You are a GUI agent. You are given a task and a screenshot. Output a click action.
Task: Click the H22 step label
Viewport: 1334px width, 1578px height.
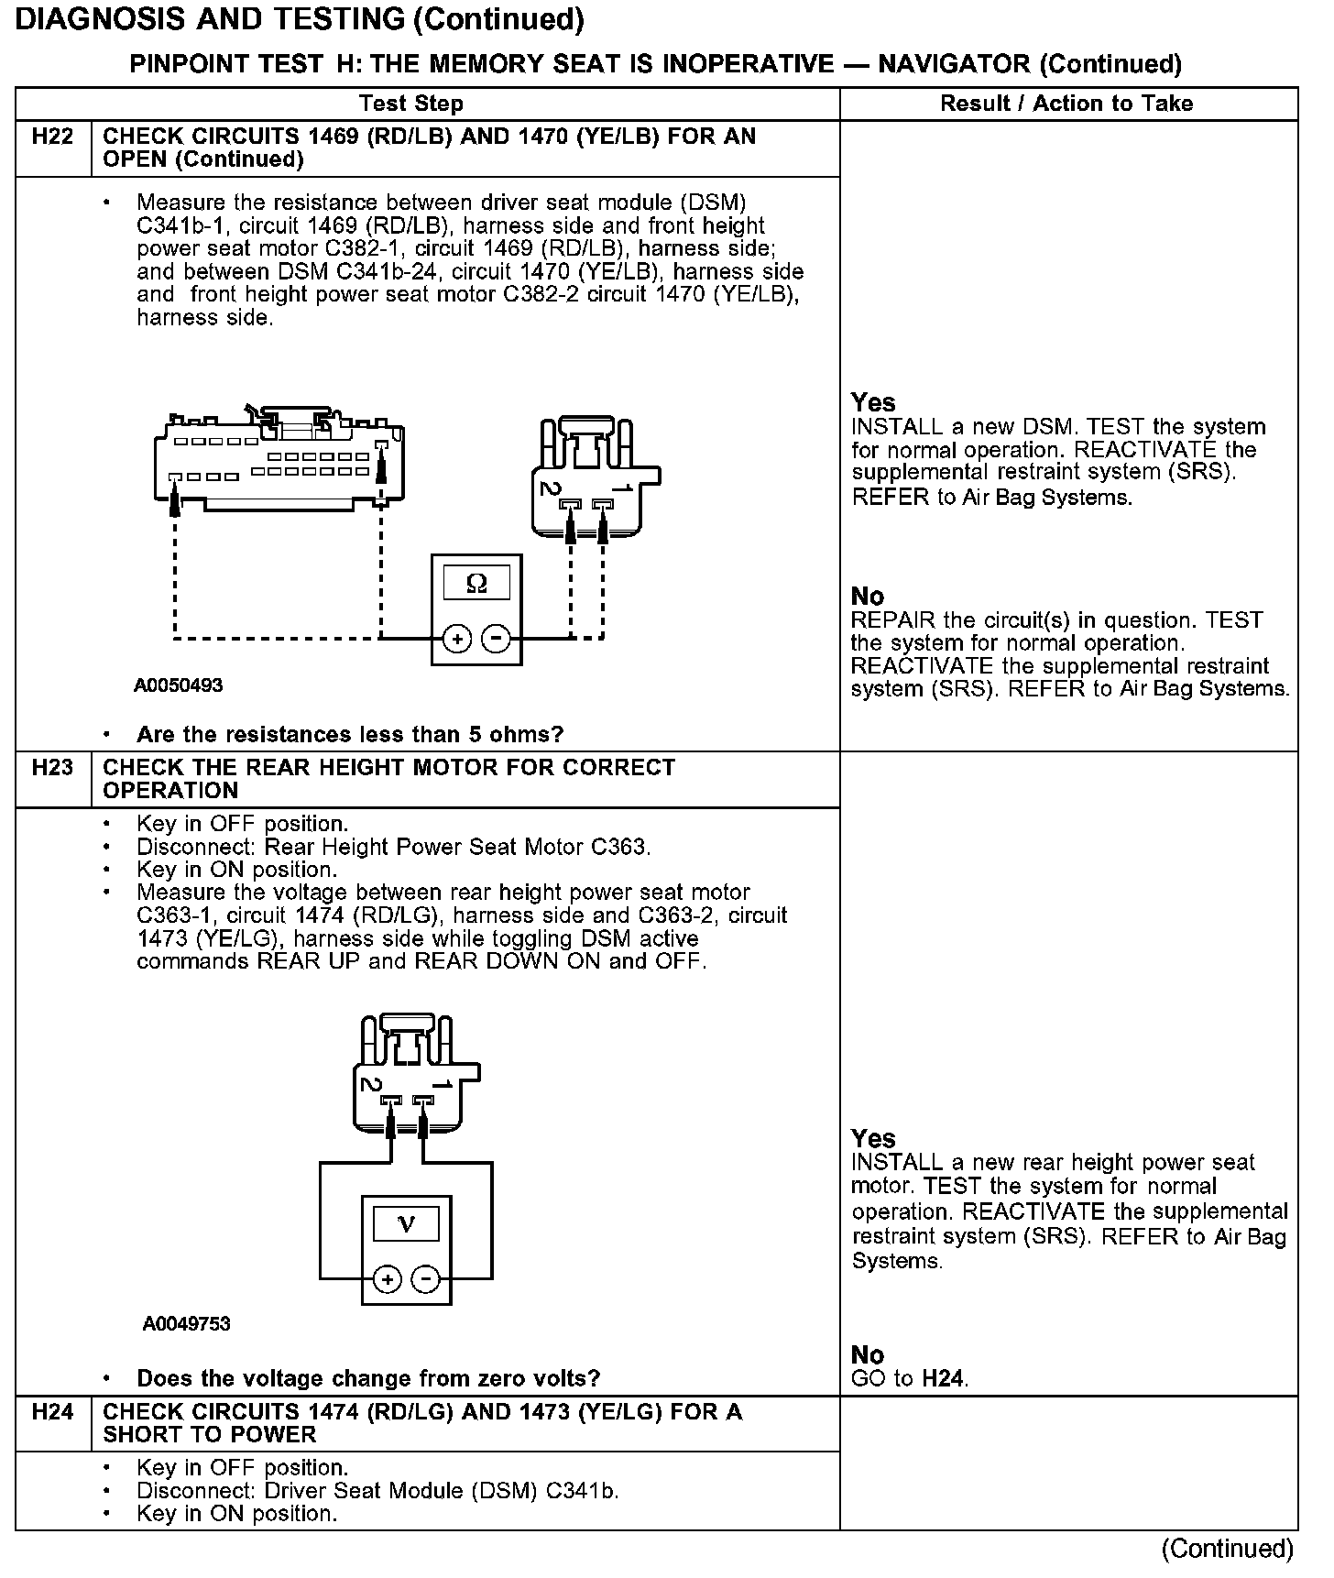click(52, 137)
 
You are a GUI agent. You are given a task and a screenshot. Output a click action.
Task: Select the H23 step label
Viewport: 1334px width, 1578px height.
click(52, 768)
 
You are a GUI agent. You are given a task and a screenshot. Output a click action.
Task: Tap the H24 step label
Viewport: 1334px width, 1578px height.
click(52, 1412)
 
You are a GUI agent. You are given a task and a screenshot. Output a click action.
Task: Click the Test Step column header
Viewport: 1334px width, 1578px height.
click(410, 104)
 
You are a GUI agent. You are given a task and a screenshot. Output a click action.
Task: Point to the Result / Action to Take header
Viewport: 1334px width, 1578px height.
click(1066, 104)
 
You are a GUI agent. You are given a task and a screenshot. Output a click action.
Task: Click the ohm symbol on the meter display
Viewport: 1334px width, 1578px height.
click(476, 583)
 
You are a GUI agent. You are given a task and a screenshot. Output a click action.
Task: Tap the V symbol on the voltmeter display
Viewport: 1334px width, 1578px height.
click(406, 1224)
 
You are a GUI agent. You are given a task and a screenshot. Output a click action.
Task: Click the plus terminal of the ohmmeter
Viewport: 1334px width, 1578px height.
click(457, 639)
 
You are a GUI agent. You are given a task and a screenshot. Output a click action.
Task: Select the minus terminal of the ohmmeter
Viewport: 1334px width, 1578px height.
click(496, 639)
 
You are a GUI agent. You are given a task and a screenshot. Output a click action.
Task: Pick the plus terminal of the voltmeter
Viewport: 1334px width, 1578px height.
click(388, 1279)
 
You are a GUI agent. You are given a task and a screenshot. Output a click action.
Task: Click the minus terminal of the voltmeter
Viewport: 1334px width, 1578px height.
click(425, 1279)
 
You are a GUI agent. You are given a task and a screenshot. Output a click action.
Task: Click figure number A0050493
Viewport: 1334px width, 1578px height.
click(179, 685)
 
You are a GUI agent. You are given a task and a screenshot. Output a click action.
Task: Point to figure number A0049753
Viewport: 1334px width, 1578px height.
click(186, 1324)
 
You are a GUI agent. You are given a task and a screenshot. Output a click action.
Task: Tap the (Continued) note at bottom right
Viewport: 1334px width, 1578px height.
click(1227, 1549)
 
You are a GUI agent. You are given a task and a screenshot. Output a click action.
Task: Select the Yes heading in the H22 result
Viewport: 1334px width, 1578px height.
click(873, 402)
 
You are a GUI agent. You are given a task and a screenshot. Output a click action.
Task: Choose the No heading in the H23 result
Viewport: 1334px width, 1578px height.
click(868, 1354)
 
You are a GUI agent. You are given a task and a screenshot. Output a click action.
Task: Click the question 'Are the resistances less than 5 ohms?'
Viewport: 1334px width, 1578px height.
click(350, 735)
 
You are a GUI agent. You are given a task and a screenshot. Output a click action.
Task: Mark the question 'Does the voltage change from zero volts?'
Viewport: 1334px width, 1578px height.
click(368, 1378)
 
